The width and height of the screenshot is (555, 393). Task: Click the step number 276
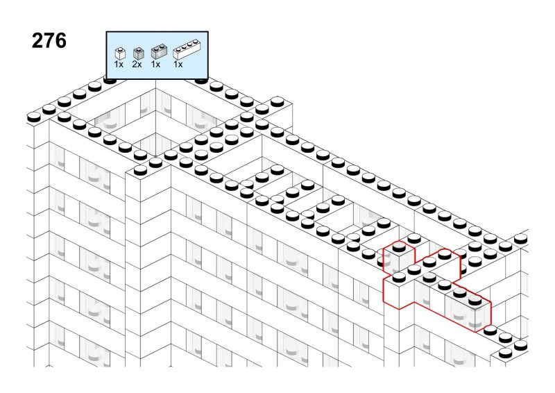pos(49,41)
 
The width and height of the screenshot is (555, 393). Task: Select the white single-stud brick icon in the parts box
pos(120,53)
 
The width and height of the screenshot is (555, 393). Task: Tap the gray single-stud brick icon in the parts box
pos(138,53)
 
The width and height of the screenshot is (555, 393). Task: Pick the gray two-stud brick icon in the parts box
pos(159,52)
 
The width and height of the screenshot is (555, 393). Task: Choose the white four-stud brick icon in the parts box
pos(187,49)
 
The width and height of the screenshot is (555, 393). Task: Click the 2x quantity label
pos(137,65)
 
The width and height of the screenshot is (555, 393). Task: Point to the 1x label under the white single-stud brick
pos(119,65)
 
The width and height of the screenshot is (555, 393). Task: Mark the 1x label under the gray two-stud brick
pos(155,65)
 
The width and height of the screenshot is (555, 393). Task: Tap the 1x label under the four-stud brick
pos(178,65)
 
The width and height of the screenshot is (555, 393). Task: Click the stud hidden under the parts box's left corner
pos(110,80)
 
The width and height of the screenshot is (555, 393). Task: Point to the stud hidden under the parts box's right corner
pos(201,80)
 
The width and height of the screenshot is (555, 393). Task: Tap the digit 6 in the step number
pos(60,41)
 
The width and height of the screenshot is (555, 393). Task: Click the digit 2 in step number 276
pos(37,41)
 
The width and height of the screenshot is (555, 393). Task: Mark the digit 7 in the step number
pos(49,41)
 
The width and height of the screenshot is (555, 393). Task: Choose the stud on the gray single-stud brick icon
pos(139,49)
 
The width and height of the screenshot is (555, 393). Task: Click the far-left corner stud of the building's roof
pos(34,117)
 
